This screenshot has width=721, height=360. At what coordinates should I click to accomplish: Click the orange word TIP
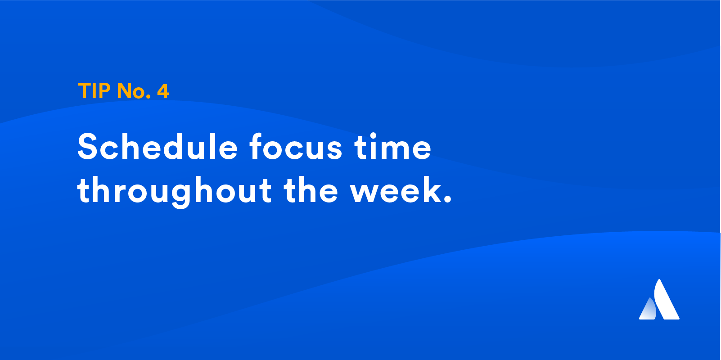coord(95,90)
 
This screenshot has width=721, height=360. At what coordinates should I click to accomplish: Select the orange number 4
coord(163,90)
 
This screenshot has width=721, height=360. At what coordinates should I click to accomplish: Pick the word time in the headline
coord(393,147)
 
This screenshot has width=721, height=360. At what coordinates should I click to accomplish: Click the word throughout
coord(174,192)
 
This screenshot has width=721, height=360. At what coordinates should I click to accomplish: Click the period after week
coord(448,199)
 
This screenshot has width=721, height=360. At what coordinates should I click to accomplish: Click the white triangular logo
coord(659,299)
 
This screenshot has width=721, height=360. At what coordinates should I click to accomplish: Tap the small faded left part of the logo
coord(648,310)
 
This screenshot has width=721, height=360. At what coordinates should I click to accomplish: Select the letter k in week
coord(432,190)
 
